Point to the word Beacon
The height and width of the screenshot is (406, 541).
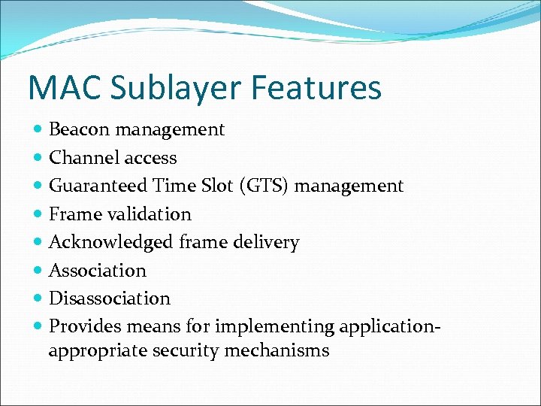point(78,129)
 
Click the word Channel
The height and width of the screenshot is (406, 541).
point(82,158)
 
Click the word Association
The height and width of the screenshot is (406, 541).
point(98,270)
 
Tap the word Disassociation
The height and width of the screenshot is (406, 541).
point(110,298)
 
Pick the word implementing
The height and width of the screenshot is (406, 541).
point(275,327)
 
